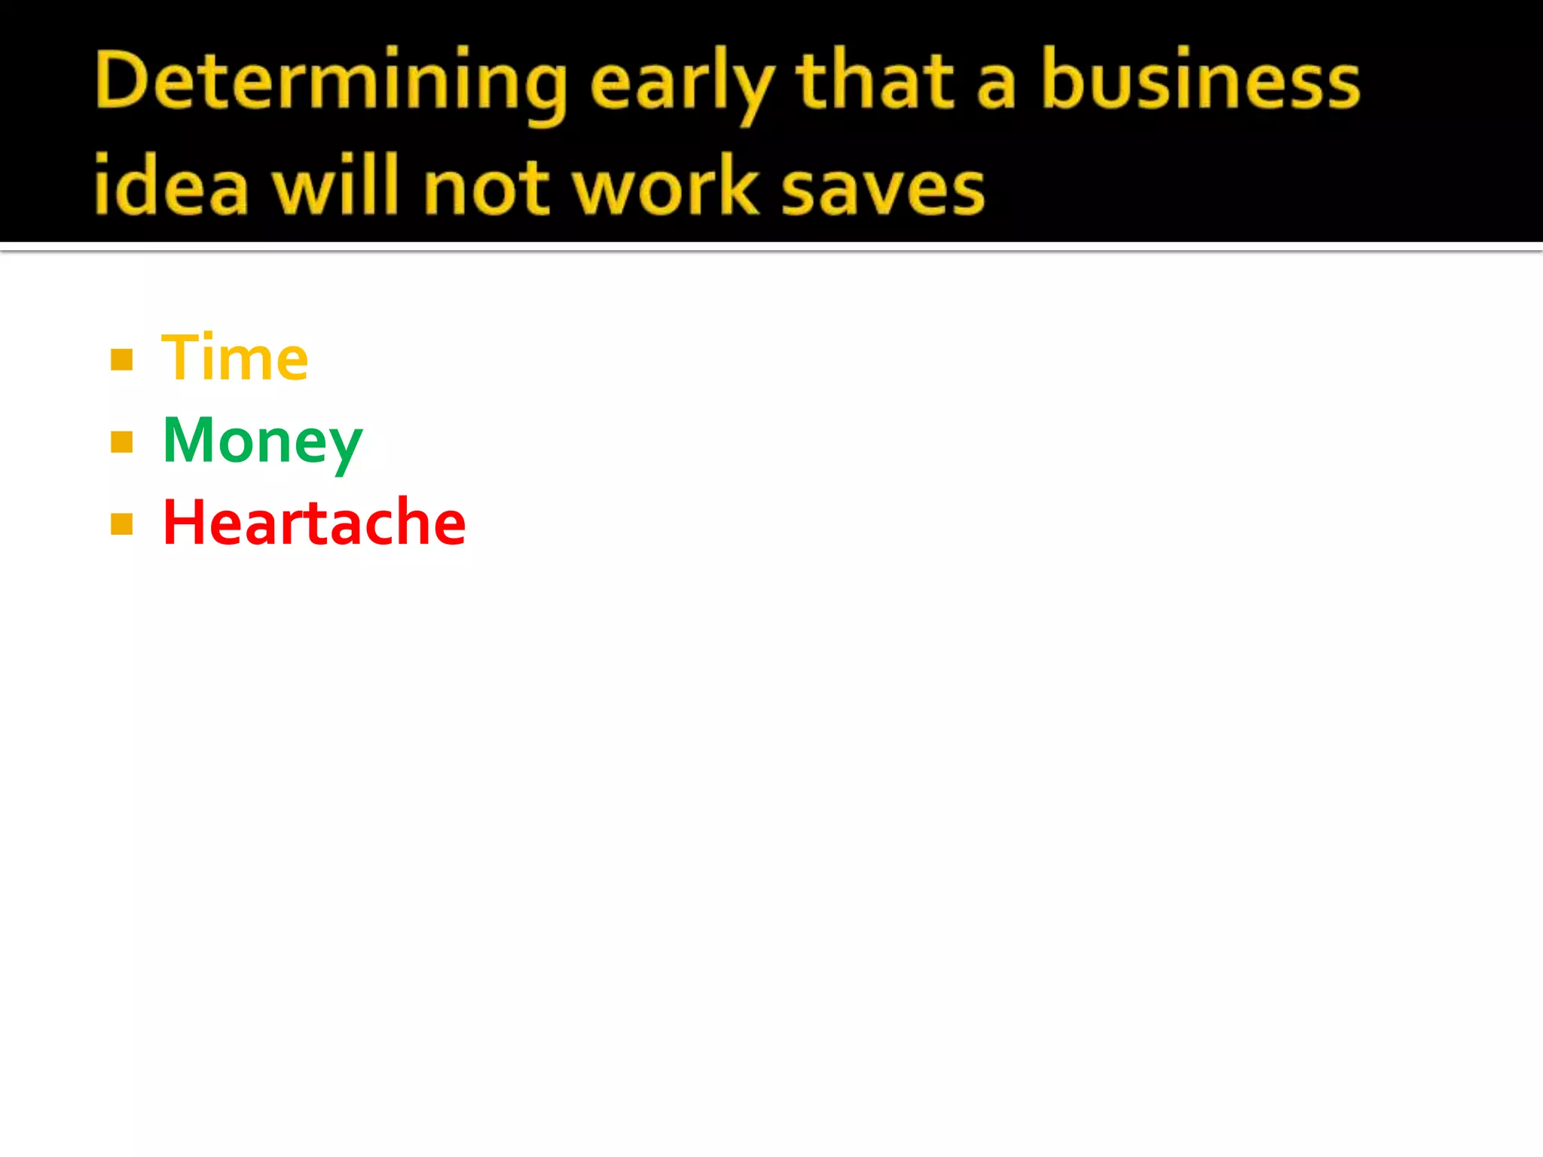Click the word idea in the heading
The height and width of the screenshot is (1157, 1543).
pyautogui.click(x=170, y=185)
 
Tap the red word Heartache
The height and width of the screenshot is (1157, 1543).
pyautogui.click(x=314, y=523)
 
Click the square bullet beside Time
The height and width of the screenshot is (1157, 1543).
pyautogui.click(x=121, y=360)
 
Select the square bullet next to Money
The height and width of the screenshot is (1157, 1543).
pyautogui.click(x=121, y=441)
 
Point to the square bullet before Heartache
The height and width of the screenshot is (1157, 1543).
pyautogui.click(x=121, y=524)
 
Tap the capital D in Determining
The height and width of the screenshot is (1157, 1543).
pyautogui.click(x=121, y=80)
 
